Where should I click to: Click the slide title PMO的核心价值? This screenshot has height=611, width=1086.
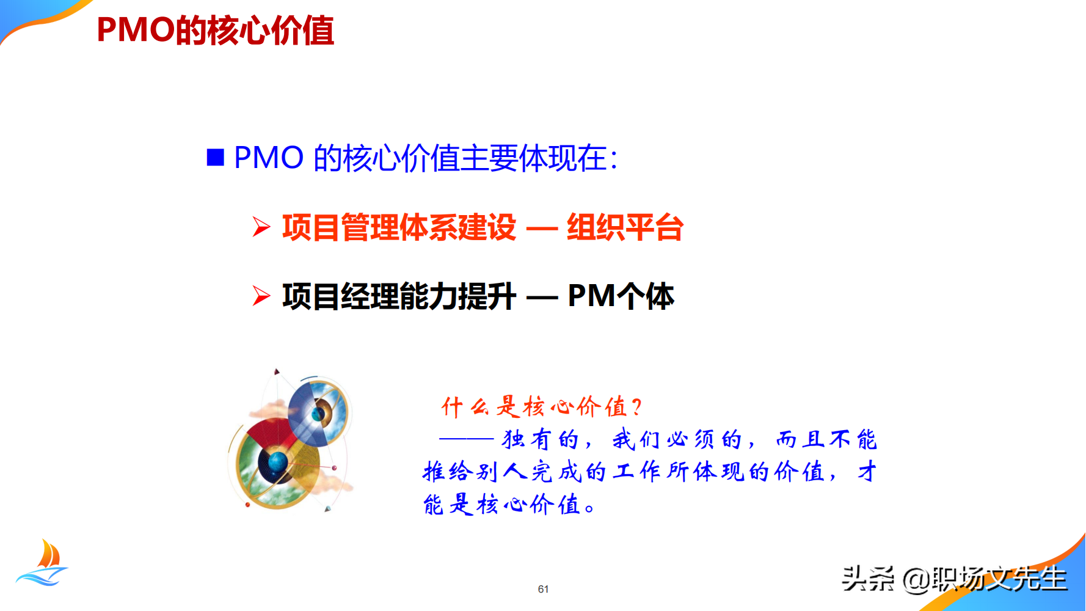[x=215, y=31]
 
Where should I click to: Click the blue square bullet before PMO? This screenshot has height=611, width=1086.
[x=215, y=158]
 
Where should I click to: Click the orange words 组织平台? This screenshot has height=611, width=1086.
[x=624, y=227]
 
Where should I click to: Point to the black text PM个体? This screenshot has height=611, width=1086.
[x=621, y=296]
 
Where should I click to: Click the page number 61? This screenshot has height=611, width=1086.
[x=543, y=589]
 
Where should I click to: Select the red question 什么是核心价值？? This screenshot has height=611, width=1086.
[x=541, y=407]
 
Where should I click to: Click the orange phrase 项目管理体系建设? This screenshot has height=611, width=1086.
[x=399, y=227]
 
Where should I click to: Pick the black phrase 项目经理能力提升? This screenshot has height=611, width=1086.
[x=399, y=296]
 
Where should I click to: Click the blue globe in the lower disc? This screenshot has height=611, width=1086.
[x=277, y=461]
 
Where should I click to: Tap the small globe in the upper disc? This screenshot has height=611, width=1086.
[x=318, y=414]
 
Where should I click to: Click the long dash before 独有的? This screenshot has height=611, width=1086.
[x=466, y=439]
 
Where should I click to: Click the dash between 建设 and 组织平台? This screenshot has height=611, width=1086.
[x=542, y=229]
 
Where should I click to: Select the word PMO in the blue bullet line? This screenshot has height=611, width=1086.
[x=269, y=158]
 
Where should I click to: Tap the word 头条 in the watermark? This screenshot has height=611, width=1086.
[x=867, y=579]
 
